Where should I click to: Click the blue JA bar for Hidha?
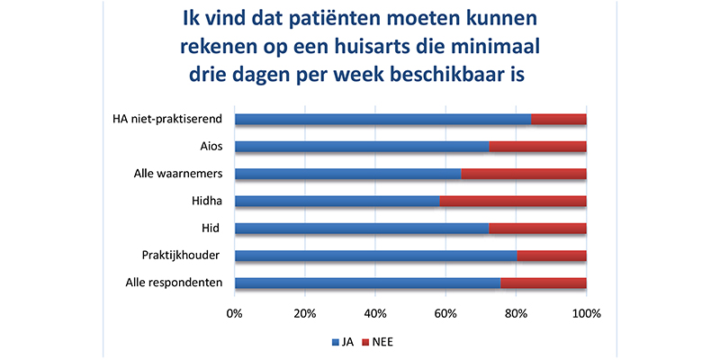[x=337, y=201]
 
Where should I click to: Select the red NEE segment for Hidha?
[x=513, y=201]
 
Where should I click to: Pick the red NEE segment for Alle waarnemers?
[x=524, y=174]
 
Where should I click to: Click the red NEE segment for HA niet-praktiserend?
[x=559, y=118]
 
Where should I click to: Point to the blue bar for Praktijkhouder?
[x=376, y=256]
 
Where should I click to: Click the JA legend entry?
[x=342, y=342]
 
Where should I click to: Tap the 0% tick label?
[x=235, y=313]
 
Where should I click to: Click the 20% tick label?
[x=304, y=313]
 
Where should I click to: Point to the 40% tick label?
[x=374, y=313]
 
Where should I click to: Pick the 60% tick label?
[x=445, y=313]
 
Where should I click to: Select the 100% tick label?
[x=586, y=313]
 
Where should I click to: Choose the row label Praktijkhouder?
[x=182, y=256]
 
